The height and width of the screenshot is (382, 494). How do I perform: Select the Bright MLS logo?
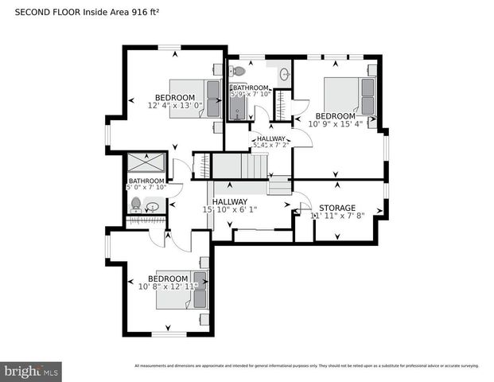[31, 371]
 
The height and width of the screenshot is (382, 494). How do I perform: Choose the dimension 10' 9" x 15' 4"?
[335, 123]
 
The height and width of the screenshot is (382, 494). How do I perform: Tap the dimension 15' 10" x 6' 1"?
[230, 209]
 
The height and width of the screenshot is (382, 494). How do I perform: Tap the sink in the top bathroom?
[284, 75]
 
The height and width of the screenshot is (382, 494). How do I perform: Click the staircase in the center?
[239, 167]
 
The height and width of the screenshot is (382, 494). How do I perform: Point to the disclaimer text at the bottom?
[306, 366]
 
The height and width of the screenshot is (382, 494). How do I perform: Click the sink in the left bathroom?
[152, 206]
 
